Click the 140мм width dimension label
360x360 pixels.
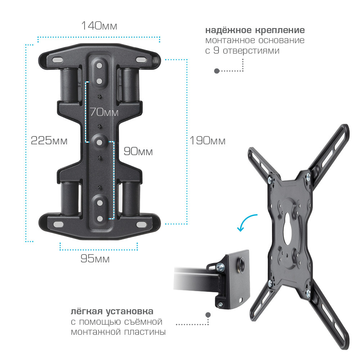pyautogui.click(x=99, y=26)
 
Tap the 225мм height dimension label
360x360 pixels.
pyautogui.click(x=49, y=140)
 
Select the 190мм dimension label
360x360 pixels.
pyautogui.click(x=208, y=140)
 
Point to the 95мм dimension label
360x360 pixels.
pyautogui.click(x=95, y=258)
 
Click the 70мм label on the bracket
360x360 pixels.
pyautogui.click(x=104, y=112)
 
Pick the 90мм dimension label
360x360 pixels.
pyautogui.click(x=138, y=151)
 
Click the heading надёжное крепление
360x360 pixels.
pyautogui.click(x=255, y=30)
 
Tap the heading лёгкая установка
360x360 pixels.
pyautogui.click(x=112, y=311)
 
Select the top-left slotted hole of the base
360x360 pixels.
pyautogui.click(x=57, y=60)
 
